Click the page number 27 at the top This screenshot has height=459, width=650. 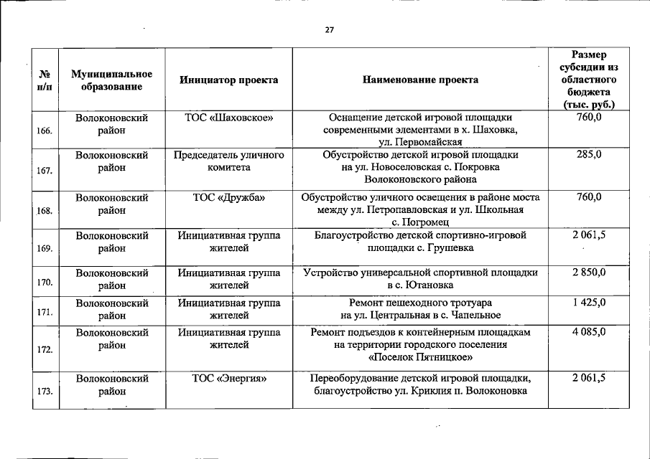330,30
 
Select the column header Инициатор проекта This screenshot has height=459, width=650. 228,80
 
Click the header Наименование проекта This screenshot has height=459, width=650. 420,80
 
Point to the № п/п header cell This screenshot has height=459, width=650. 44,80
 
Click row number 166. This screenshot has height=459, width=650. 44,131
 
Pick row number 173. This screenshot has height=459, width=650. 44,391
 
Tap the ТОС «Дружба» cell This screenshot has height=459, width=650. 228,197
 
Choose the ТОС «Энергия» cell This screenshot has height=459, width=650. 228,378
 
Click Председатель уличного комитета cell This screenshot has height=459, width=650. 228,161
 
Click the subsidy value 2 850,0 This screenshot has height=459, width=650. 589,273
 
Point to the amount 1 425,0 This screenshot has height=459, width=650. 589,303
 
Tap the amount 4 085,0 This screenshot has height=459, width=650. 589,332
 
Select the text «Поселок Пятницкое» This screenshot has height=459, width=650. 420,357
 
